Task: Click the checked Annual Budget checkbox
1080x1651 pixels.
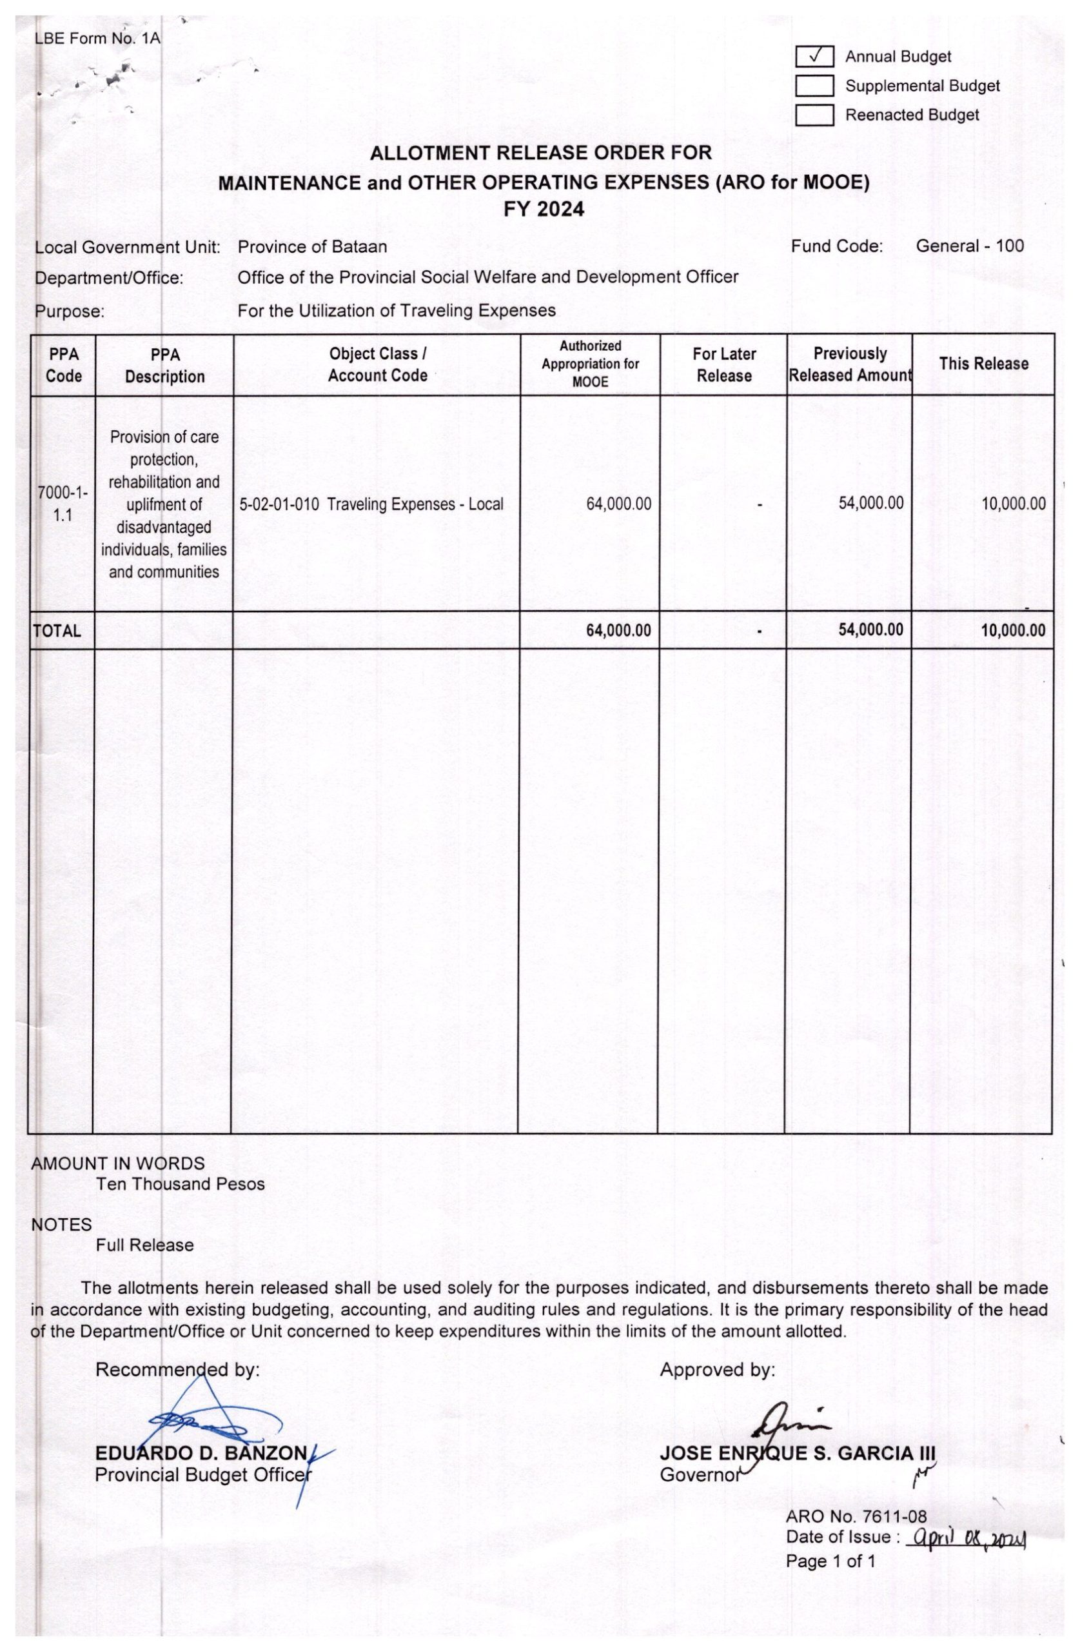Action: tap(814, 56)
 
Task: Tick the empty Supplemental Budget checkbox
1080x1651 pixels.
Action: tap(814, 85)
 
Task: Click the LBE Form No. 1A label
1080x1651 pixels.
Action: tap(97, 38)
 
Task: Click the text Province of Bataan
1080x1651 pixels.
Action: tap(312, 246)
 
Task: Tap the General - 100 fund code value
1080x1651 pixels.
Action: tap(969, 246)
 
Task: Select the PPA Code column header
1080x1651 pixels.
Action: tap(64, 365)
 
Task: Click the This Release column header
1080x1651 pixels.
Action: tap(983, 364)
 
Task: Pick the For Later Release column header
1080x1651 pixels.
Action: tap(723, 365)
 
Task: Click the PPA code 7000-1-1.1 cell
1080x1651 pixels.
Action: tap(63, 504)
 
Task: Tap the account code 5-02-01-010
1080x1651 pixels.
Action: tap(279, 504)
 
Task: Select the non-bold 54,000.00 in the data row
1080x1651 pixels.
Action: tap(870, 503)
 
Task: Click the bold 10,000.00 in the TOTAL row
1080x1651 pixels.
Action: tap(1013, 630)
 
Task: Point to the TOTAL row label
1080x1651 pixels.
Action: tap(57, 631)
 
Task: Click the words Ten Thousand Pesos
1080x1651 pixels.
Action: tap(181, 1183)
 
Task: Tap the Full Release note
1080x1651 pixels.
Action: tap(144, 1245)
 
